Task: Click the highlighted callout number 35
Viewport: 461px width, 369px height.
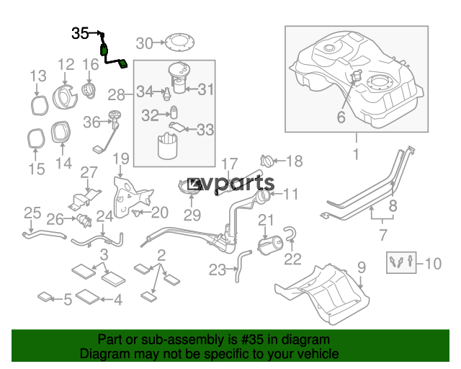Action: coord(80,33)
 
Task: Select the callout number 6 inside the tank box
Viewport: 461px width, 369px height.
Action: coord(341,117)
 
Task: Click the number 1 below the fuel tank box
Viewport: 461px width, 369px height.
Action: coord(356,154)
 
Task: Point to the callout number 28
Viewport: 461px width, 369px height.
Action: coord(117,95)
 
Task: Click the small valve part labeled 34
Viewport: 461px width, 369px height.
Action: coord(166,94)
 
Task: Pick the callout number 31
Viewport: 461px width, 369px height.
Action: coord(206,89)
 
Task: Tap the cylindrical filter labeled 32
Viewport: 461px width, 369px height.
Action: coord(174,112)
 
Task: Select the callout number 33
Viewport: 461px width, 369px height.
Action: coord(205,130)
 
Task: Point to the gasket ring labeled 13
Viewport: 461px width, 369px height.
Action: coord(40,105)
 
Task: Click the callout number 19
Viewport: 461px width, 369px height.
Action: coord(121,159)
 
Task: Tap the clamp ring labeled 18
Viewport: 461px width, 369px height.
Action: coord(267,161)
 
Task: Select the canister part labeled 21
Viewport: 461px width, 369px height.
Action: coord(270,245)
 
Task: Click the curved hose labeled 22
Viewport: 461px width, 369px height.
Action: coord(290,233)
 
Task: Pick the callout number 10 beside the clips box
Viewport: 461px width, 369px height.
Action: coord(433,263)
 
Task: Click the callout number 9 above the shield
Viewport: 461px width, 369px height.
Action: coord(362,267)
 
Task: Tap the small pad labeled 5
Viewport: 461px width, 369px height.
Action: coord(45,297)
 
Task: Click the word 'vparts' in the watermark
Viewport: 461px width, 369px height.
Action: coord(239,183)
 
